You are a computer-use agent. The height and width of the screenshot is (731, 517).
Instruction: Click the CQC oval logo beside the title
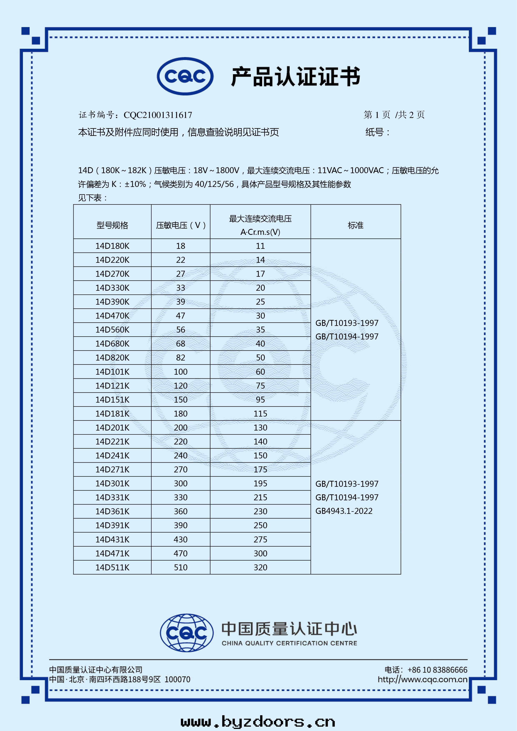click(185, 76)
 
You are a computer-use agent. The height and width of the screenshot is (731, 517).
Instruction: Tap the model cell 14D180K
click(112, 246)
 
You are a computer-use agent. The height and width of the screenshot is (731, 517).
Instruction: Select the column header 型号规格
click(112, 225)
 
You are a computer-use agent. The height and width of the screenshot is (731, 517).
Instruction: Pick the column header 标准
click(356, 225)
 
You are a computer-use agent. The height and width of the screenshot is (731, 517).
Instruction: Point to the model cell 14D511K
click(112, 568)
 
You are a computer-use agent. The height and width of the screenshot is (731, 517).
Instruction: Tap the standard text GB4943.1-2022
click(344, 511)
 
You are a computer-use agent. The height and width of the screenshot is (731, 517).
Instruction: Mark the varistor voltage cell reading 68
click(180, 344)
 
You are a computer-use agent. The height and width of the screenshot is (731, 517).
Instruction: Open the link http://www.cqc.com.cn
click(422, 679)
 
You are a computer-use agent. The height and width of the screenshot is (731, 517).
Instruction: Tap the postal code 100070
click(177, 679)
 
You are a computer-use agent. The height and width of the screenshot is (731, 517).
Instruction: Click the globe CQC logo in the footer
click(187, 633)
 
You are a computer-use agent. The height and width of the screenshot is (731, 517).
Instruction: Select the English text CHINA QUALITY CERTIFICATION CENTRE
click(289, 643)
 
